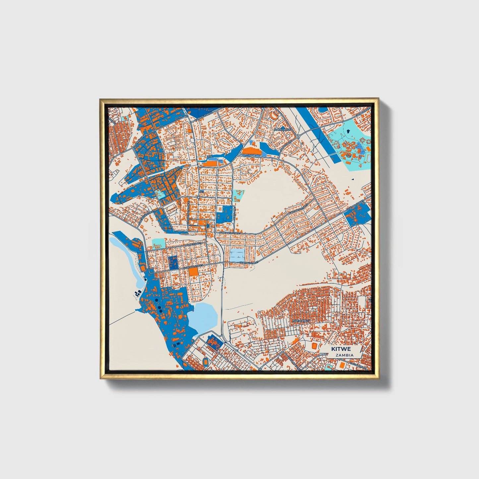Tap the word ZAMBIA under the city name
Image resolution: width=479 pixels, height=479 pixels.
pyautogui.click(x=344, y=355)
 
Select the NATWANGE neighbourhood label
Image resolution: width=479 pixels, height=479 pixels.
pyautogui.click(x=301, y=321)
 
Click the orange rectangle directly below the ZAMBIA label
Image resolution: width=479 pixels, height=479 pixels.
pyautogui.click(x=341, y=365)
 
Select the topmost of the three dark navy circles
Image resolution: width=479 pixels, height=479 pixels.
pyautogui.click(x=156, y=300)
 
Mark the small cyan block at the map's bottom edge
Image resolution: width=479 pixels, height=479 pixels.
pyautogui.click(x=328, y=366)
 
